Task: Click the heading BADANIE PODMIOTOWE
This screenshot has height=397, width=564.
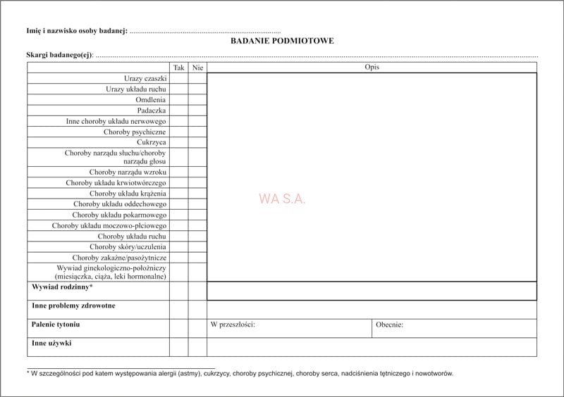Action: pyautogui.click(x=282, y=41)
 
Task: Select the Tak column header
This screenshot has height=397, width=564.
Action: pyautogui.click(x=178, y=68)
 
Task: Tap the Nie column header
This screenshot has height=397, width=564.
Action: pyautogui.click(x=197, y=68)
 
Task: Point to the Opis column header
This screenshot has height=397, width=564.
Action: pyautogui.click(x=372, y=68)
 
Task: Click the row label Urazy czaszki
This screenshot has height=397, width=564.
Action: pyautogui.click(x=145, y=79)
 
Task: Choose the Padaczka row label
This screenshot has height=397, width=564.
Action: pyautogui.click(x=152, y=111)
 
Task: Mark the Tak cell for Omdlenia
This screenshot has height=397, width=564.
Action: pyautogui.click(x=178, y=100)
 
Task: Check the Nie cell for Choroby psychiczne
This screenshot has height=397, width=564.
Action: pyautogui.click(x=197, y=132)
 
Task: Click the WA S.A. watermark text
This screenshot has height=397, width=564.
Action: pyautogui.click(x=282, y=199)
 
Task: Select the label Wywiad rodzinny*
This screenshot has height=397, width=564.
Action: pyautogui.click(x=62, y=287)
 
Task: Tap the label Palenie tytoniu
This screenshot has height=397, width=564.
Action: pyautogui.click(x=56, y=324)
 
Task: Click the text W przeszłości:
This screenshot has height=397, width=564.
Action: pyautogui.click(x=233, y=324)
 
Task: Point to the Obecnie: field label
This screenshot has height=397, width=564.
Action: pyautogui.click(x=389, y=324)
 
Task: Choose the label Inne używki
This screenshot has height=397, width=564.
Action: pyautogui.click(x=51, y=344)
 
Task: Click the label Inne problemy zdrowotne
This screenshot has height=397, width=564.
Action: pyautogui.click(x=73, y=306)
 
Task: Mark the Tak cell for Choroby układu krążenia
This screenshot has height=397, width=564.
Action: pyautogui.click(x=178, y=194)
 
